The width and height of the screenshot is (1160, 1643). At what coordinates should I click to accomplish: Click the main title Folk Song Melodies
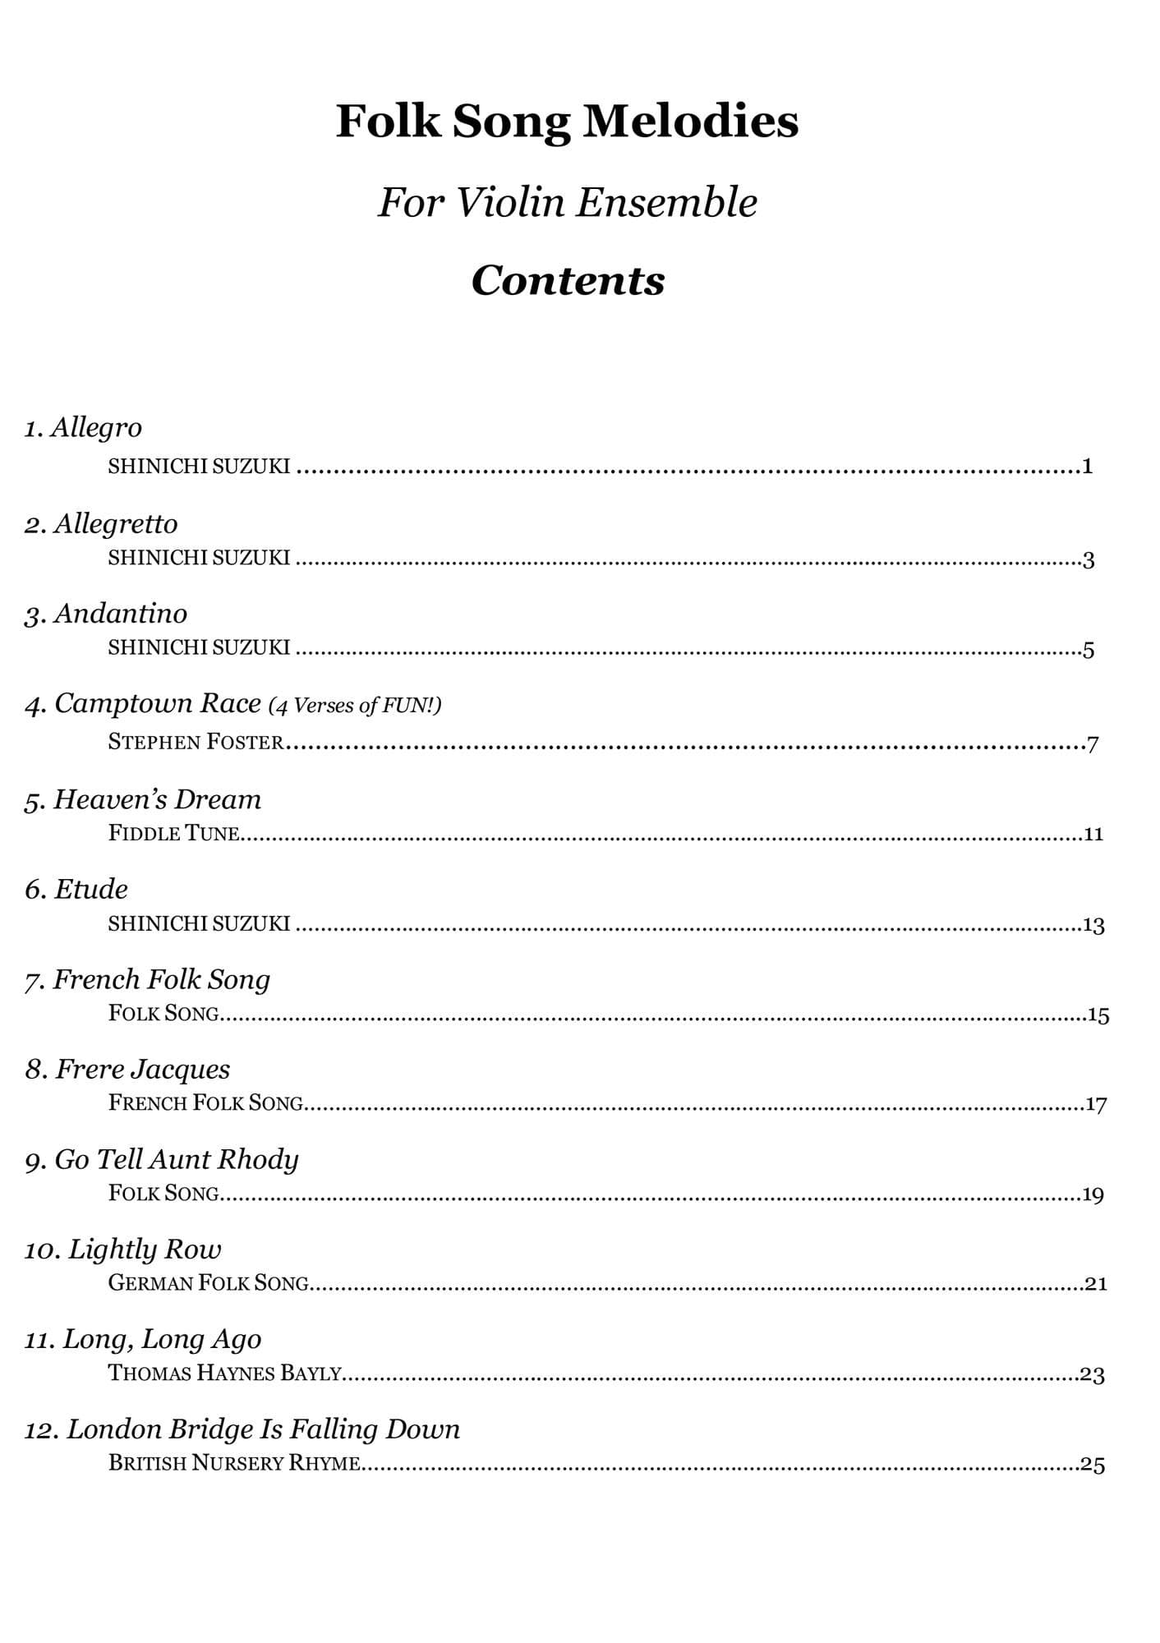click(567, 122)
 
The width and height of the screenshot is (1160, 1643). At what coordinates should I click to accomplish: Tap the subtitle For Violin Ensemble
click(567, 202)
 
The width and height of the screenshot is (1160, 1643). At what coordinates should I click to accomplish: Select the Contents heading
click(568, 280)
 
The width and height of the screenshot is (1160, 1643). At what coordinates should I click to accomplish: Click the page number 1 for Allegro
click(1087, 467)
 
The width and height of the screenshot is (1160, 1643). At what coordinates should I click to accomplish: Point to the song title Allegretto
click(115, 523)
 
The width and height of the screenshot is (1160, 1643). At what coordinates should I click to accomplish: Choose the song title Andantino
click(120, 614)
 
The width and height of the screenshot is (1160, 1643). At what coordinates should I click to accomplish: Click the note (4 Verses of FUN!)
click(355, 705)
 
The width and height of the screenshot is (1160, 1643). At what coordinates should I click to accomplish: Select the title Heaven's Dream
click(157, 799)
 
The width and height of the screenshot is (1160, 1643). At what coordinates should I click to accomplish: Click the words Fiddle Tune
click(173, 833)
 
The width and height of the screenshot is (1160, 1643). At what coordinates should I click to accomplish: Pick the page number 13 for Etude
click(1093, 925)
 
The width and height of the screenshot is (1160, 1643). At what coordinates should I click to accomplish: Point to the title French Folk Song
click(161, 979)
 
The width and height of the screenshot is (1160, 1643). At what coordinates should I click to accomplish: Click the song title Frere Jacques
click(142, 1069)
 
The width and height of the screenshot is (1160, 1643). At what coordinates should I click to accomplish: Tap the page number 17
click(1096, 1104)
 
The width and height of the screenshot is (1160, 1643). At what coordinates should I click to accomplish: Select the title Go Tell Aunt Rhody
click(176, 1159)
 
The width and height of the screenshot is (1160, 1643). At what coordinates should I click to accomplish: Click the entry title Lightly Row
click(145, 1249)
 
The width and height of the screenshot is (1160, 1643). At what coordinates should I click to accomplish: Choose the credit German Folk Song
click(209, 1282)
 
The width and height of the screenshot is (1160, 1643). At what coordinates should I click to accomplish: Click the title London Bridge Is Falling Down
click(263, 1429)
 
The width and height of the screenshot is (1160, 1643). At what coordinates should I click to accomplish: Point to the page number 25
click(1093, 1464)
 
